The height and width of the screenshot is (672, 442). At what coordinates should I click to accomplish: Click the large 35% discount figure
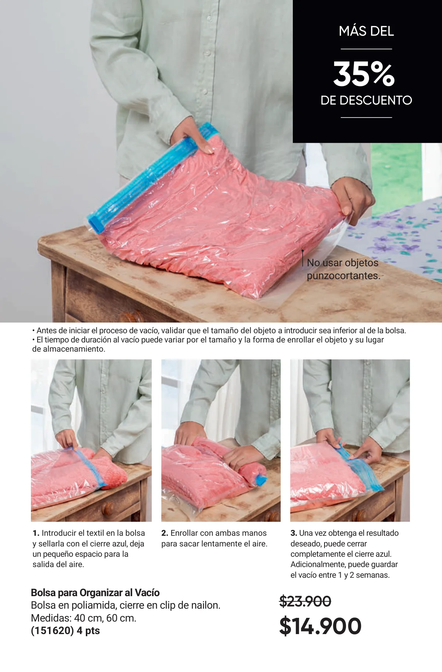click(x=364, y=74)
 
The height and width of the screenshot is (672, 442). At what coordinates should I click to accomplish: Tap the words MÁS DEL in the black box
click(x=366, y=31)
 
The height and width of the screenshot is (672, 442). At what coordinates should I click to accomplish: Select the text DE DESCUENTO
click(x=366, y=100)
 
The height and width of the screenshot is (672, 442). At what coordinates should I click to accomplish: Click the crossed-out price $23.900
click(x=305, y=601)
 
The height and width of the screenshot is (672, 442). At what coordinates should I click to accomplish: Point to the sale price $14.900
click(x=320, y=626)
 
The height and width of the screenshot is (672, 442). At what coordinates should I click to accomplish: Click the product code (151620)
click(x=52, y=630)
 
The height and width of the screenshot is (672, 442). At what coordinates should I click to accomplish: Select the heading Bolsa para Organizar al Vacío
click(x=95, y=592)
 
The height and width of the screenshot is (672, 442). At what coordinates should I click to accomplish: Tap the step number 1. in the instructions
click(x=36, y=533)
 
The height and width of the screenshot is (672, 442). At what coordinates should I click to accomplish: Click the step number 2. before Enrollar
click(x=165, y=533)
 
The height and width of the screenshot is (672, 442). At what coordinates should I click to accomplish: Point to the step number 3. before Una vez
click(x=294, y=533)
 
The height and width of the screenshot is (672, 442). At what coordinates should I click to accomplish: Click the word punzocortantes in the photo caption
click(x=343, y=276)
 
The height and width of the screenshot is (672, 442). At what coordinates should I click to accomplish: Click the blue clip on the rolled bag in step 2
click(x=261, y=480)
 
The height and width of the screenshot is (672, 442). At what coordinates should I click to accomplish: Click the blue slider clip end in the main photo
click(x=96, y=223)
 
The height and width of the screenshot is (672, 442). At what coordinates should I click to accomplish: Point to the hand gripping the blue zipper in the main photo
click(x=193, y=135)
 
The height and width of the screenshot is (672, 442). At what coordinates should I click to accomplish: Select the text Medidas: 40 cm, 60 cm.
click(x=84, y=618)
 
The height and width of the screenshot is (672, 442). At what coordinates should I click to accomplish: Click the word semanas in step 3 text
click(x=373, y=575)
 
